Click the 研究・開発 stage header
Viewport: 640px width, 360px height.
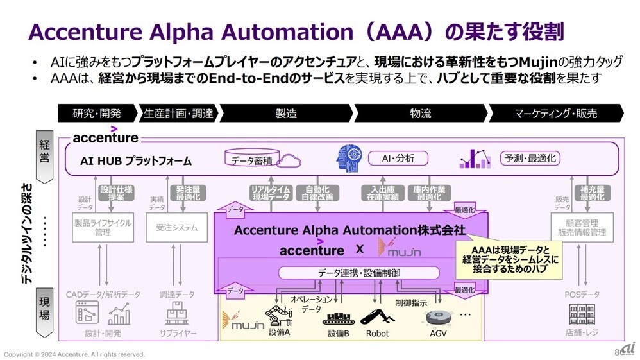coord(97,114)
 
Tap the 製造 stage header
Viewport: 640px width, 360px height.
coord(286,114)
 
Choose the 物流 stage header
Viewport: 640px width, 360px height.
coord(421,114)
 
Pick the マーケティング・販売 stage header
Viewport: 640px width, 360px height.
coord(555,114)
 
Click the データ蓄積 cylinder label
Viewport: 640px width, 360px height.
coord(251,160)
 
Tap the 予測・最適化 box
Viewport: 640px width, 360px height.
coord(530,158)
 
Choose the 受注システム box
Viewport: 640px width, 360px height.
coord(176,227)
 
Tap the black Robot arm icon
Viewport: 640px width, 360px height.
coord(376,315)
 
